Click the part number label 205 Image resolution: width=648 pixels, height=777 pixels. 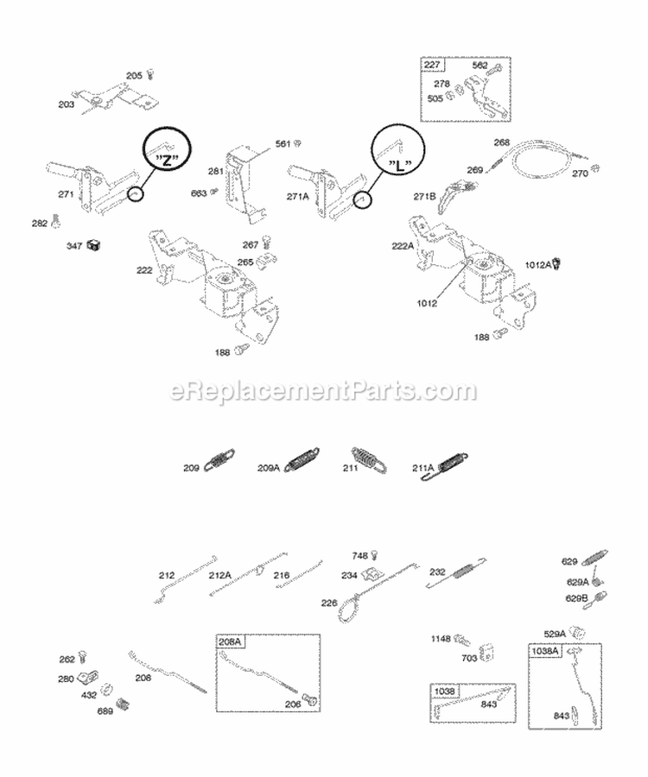point(133,76)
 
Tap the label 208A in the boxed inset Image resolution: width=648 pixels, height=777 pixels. point(230,641)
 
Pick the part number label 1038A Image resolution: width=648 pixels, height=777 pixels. point(545,651)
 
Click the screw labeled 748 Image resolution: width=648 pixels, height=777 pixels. point(374,557)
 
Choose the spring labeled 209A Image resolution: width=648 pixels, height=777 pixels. point(304,461)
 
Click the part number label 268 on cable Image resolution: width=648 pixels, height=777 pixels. point(502,142)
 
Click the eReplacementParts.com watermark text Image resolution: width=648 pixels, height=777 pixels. point(324,391)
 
